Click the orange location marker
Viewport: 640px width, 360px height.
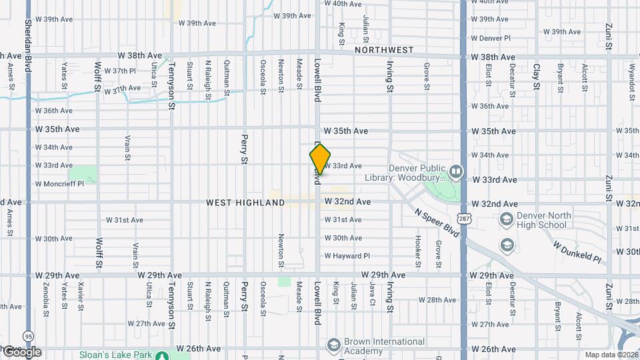click(320, 159)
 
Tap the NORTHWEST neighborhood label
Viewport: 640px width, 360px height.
click(384, 50)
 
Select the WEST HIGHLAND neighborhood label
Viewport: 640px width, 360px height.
click(245, 202)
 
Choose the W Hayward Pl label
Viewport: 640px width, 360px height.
click(347, 256)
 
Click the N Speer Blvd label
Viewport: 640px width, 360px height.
click(436, 224)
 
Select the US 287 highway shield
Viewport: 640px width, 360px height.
click(463, 219)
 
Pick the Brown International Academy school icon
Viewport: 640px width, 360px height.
click(334, 345)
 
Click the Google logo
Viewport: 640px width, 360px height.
click(21, 352)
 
